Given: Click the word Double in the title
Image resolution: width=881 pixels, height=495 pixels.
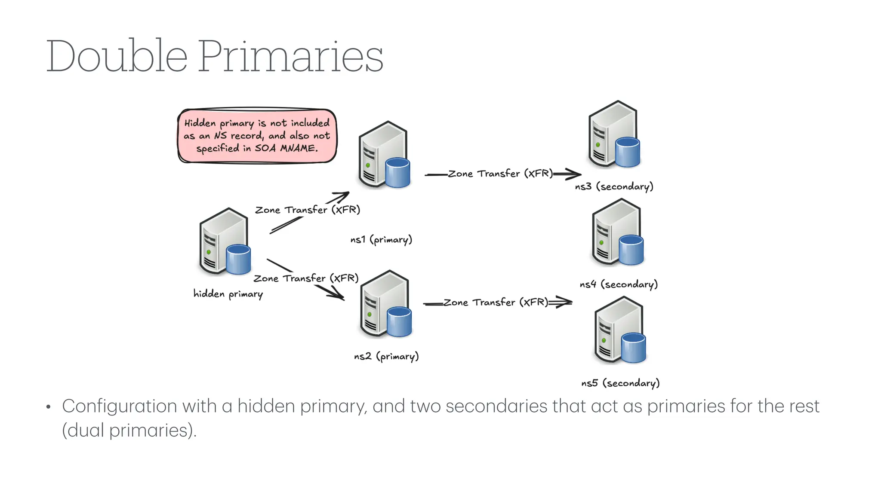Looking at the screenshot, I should coord(117,56).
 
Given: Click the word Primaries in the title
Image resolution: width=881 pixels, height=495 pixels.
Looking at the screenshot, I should coord(290,56).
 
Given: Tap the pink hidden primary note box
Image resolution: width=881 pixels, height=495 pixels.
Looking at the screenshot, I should coord(257,136).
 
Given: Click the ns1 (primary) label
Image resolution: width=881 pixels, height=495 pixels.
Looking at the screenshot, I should coord(381,239).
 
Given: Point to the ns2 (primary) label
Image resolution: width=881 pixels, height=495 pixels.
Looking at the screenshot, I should coord(386,356).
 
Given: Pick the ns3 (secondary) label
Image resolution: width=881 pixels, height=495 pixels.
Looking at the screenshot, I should coord(614,186).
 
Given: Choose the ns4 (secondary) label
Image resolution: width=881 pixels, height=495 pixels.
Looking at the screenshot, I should coord(619,284).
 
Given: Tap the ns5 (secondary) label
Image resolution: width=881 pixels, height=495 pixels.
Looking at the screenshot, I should coord(620,383).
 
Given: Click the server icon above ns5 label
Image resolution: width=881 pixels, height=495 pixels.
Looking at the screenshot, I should coord(619,330).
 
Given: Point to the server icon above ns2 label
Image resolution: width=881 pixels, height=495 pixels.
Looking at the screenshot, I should coord(385,304).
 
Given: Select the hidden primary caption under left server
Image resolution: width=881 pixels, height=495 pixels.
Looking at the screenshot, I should coord(228,294).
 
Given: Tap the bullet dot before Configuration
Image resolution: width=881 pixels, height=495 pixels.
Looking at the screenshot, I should coord(49,407).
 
